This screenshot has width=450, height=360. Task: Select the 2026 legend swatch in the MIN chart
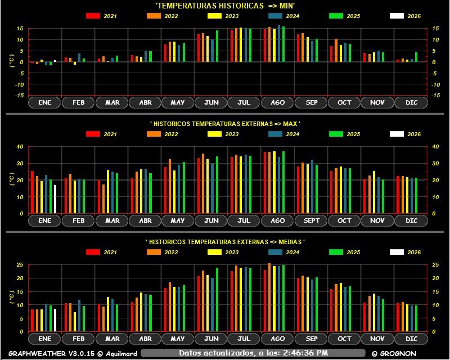click(397, 16)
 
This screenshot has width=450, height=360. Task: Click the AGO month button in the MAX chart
click(277, 221)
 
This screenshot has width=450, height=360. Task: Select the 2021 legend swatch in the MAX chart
click(93, 134)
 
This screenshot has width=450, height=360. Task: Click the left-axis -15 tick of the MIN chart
click(19, 96)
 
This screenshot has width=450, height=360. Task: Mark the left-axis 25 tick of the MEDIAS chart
click(20, 264)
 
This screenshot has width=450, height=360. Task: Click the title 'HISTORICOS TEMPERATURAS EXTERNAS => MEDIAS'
click(225, 242)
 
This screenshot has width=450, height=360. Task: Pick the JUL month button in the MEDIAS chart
click(244, 339)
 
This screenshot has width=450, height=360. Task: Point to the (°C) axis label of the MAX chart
click(12, 180)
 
